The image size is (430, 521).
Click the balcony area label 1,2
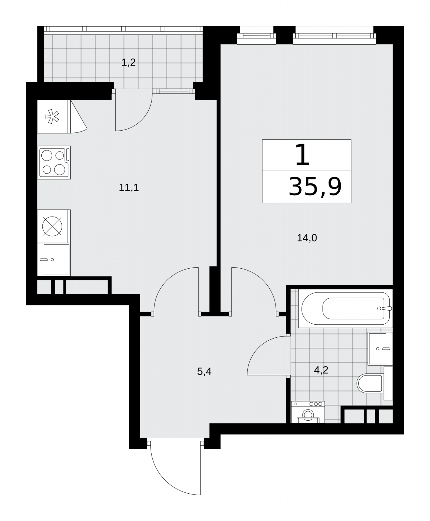[x=128, y=62]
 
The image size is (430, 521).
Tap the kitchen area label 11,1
[x=129, y=188]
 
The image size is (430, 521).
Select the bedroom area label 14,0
[x=307, y=238]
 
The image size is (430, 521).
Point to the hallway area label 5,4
[x=204, y=371]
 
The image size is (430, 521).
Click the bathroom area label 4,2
[x=321, y=370]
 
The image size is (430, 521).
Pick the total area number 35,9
[x=315, y=187]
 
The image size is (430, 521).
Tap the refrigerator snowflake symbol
[x=52, y=117]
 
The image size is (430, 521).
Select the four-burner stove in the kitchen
[x=55, y=162]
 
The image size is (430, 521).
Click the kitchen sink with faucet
[x=54, y=260]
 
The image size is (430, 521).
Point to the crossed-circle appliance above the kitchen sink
[x=52, y=226]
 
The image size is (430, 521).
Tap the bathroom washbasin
[x=380, y=349]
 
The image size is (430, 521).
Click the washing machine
[x=308, y=412]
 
